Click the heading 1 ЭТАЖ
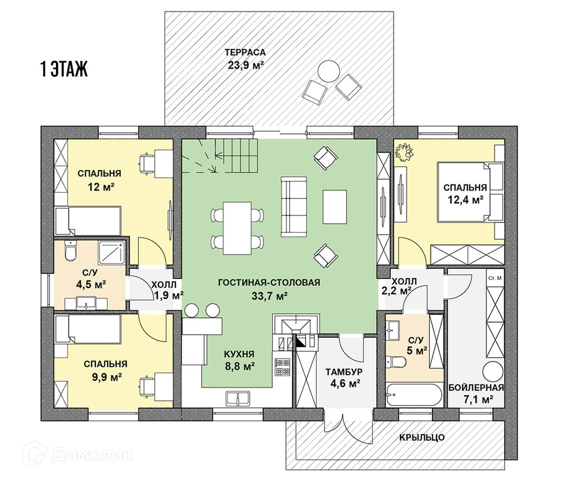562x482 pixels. point(64,70)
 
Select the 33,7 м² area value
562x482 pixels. point(269,296)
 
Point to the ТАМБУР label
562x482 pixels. point(343,372)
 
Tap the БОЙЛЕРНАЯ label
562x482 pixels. point(476,388)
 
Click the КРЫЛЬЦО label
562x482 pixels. point(422,438)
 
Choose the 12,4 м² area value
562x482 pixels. point(465,199)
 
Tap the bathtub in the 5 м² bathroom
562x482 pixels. point(414,396)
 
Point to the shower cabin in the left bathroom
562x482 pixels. point(112,252)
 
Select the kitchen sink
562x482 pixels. point(238,398)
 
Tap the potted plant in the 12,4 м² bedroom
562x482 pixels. point(404,151)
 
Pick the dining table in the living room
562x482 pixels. point(237,228)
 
